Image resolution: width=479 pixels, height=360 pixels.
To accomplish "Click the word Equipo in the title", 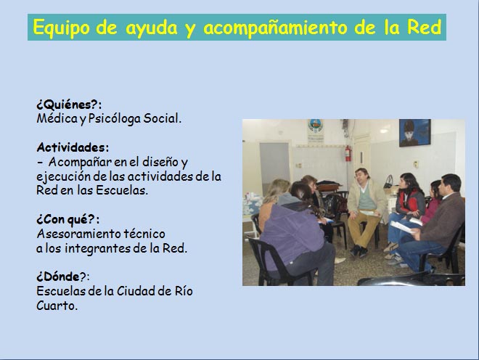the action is point(61,28).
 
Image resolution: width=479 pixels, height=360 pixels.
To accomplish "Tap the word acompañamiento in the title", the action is point(275,28).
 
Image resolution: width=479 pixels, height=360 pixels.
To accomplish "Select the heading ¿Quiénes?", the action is point(69,105).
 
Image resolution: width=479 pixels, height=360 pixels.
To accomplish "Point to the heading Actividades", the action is point(73,147).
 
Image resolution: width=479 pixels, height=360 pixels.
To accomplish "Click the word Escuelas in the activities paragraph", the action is point(122,190).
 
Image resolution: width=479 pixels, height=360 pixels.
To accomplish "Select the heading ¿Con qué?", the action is point(67,219).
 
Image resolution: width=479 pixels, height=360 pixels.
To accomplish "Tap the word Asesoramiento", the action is point(79,234).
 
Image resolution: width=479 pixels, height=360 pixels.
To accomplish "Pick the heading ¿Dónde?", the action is point(63,277).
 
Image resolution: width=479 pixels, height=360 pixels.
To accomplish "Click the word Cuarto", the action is point(57,306).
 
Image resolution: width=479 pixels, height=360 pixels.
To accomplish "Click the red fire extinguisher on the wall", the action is point(348,153).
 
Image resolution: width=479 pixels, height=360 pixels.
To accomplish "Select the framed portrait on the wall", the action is point(415,132).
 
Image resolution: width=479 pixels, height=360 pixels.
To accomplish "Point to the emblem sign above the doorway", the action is point(316,130).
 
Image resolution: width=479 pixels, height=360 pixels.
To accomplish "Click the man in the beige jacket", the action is point(366,211).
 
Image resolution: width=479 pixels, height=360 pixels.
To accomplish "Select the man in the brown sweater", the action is point(434,223).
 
